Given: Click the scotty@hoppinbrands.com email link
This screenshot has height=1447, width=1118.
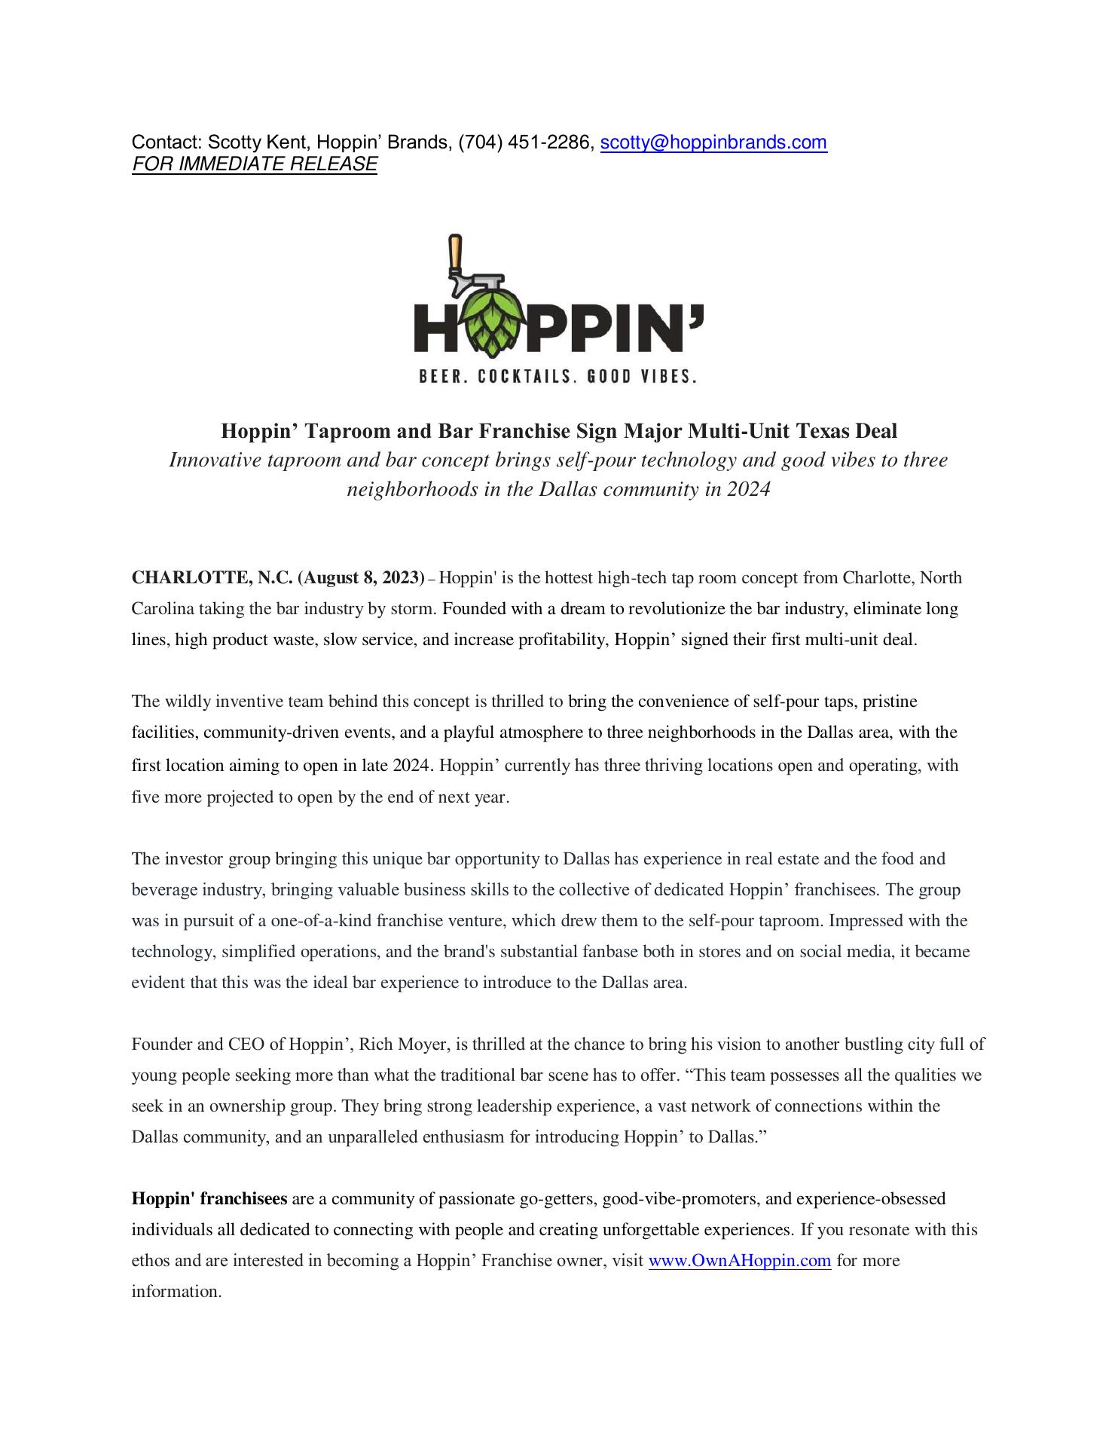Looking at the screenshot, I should click(x=713, y=142).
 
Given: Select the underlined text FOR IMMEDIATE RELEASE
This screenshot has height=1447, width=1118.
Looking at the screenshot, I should click(x=254, y=164).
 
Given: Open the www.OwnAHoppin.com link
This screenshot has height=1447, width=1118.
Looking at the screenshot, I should click(x=739, y=1260).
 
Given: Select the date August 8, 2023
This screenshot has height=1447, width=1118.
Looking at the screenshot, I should click(x=362, y=578).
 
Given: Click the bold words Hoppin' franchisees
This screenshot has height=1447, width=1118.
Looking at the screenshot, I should click(x=209, y=1198).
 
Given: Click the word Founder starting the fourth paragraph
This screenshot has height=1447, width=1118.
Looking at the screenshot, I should click(x=160, y=1044).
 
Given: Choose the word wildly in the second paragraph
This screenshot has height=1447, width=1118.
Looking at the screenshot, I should click(x=187, y=702).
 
